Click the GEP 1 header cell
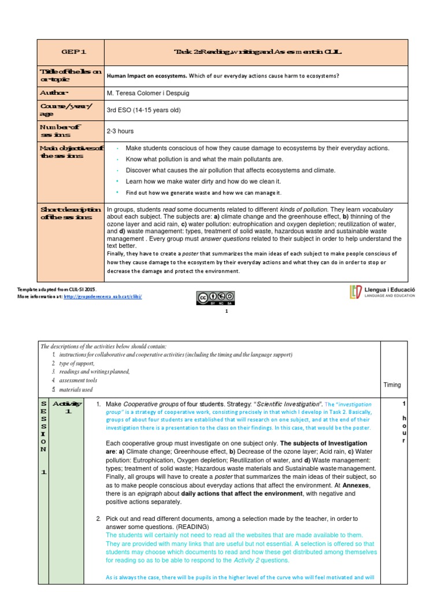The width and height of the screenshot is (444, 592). [70, 52]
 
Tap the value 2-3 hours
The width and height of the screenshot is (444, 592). [120, 131]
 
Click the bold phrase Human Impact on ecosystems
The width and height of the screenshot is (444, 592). [147, 76]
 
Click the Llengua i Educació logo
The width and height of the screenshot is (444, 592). [382, 293]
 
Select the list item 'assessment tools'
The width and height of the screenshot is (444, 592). [77, 380]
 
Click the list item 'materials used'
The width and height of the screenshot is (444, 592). [74, 390]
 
